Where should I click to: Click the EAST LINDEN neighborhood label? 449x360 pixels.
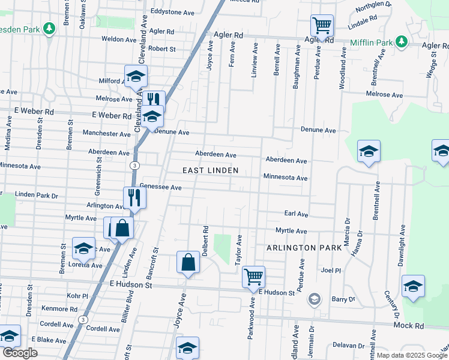tap(210, 170)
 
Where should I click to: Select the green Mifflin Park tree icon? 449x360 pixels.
tap(402, 43)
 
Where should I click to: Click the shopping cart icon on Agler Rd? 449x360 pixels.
tap(322, 26)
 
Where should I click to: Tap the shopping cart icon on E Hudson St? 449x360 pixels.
tap(254, 277)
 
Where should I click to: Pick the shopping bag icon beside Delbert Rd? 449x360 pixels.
tap(188, 262)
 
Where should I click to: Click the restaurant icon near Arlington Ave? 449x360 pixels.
tap(134, 197)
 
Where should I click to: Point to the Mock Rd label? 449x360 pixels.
tap(409, 325)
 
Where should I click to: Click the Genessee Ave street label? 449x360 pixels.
tap(160, 187)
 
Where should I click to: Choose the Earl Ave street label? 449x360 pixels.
tap(296, 214)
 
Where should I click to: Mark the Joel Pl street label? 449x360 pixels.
tap(331, 271)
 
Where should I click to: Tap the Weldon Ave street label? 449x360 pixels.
tap(118, 39)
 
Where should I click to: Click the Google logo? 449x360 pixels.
tap(20, 353)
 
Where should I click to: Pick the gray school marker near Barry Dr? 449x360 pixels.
tap(314, 299)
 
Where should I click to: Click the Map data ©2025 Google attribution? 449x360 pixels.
tap(412, 355)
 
